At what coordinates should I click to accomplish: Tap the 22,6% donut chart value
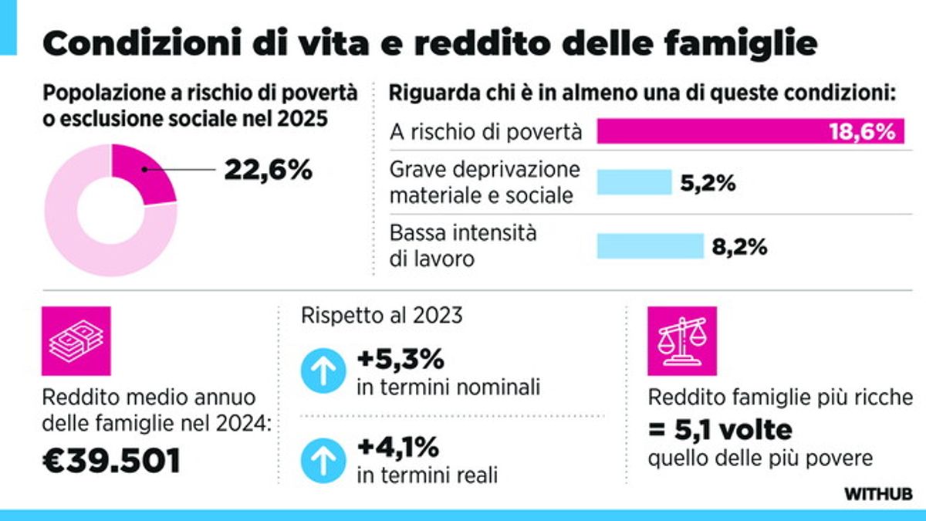(268, 170)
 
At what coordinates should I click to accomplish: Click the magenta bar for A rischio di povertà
(710, 131)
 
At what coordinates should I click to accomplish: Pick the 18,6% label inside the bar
(862, 131)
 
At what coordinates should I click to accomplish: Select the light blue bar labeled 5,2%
(634, 182)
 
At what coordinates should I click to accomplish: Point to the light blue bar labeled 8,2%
(650, 246)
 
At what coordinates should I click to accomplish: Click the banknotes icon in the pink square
(76, 341)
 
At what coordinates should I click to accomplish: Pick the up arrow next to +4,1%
(321, 460)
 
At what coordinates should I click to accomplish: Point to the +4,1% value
(397, 447)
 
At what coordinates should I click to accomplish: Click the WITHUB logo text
(878, 493)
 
